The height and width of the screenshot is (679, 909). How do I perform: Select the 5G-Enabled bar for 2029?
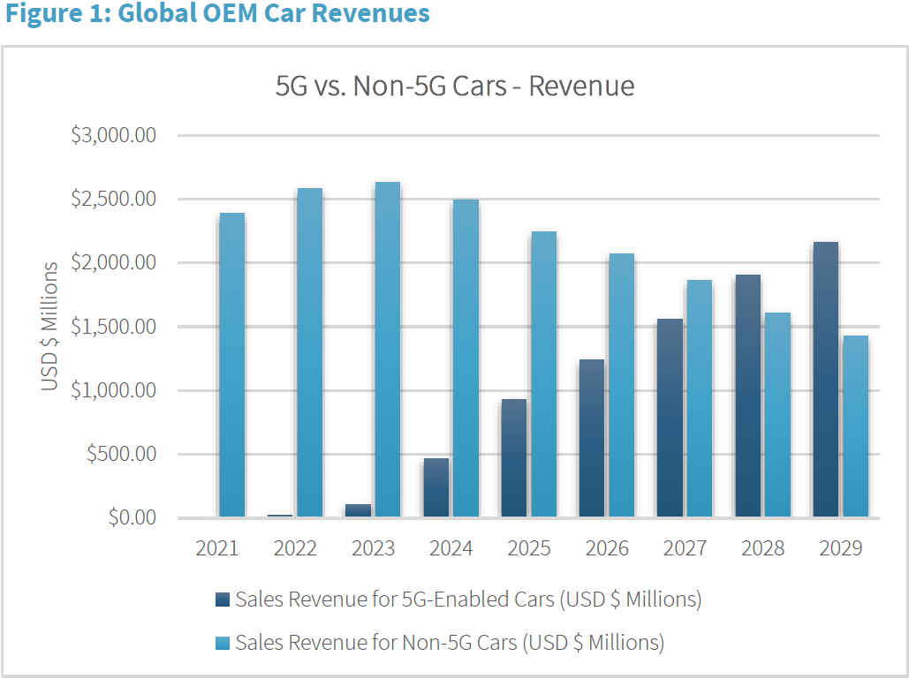824,380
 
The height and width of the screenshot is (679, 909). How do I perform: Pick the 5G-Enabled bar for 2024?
436,487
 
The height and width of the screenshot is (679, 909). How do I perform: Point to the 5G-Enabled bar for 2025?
513,458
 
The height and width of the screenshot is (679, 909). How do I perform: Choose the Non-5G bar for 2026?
621,385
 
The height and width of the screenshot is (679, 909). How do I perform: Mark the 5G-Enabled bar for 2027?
669,418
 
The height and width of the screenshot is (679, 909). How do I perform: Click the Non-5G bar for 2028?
777,415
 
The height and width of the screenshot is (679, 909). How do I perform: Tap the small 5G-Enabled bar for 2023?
358,510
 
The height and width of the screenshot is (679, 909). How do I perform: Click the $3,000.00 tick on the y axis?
113,136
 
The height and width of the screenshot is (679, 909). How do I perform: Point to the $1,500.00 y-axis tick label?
113,327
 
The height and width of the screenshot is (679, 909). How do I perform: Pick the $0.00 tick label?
132,517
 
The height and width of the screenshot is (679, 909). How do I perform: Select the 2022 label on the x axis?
295,548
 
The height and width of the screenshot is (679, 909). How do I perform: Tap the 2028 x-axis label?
762,548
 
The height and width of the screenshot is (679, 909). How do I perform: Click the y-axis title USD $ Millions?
50,327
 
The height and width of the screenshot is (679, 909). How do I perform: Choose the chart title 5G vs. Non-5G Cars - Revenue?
455,86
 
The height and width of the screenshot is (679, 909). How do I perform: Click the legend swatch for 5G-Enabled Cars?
222,600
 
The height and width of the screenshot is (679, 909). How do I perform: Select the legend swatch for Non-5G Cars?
222,643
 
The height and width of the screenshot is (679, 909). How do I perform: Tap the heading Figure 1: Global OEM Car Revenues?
216,14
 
